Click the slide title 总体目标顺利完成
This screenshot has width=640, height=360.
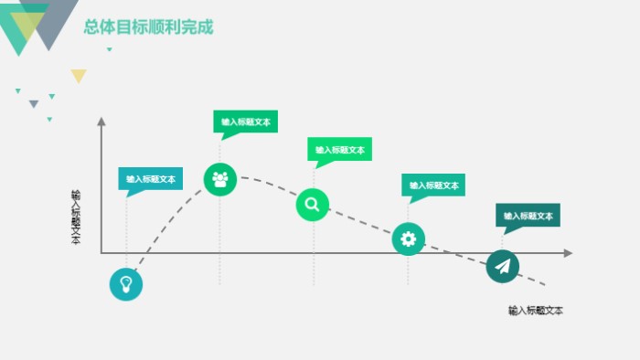coord(148,27)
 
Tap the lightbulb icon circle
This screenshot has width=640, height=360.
coord(126,283)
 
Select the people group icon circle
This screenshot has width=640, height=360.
coord(219,179)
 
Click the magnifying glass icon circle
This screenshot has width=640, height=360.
coord(312,205)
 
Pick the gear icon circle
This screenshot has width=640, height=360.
coord(408,239)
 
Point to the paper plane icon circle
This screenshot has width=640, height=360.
coord(502,266)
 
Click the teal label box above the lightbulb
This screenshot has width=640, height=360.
coord(150,179)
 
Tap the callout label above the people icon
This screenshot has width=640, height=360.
coord(246,122)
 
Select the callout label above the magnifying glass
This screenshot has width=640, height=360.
coord(339,150)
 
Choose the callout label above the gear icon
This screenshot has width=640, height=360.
coord(433,185)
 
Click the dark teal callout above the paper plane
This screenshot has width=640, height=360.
coord(528,217)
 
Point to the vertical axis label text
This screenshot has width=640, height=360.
coord(76,217)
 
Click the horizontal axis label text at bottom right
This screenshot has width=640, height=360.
coord(536,311)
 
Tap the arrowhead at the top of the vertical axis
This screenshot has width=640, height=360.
coord(101,122)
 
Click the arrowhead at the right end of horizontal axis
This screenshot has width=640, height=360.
coord(568,253)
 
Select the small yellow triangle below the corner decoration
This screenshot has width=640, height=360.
coord(79,75)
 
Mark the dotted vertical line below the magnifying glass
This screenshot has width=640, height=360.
coord(314,256)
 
